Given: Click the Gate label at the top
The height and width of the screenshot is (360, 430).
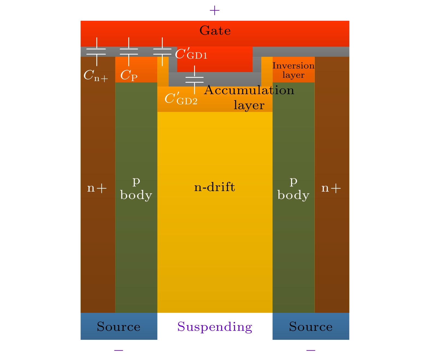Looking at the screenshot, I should pos(215,31).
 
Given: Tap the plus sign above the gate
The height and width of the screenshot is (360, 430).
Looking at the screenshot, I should pos(215,11).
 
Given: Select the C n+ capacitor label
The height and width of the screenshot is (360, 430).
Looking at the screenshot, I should pos(96,75).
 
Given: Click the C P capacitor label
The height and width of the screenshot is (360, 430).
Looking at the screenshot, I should pos(129,75).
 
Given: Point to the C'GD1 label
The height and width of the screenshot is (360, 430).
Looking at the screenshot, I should pos(191,54).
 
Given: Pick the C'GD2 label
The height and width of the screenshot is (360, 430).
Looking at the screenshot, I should pos(181,99).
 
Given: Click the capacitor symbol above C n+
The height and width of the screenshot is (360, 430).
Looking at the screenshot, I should pos(96,52).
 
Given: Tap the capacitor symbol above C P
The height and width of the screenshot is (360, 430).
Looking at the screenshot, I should pos(129,52).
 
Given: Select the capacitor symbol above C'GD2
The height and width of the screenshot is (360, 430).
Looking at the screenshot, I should pos(194,80).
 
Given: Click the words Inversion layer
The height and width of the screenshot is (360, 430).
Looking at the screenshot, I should pos(293,70).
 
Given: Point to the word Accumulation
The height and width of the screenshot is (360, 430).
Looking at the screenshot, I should pos(249,90).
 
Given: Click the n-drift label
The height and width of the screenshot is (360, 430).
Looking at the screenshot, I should pos(215,187).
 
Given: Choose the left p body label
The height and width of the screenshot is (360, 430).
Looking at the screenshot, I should pos(136,188).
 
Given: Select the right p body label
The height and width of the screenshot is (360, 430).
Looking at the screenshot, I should pos(293,188).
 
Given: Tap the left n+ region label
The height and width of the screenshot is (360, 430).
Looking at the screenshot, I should pos(97,188).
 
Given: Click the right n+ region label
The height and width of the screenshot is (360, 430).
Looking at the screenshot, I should pos(331,188).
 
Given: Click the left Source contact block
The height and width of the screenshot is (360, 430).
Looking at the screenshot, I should pos(119,326).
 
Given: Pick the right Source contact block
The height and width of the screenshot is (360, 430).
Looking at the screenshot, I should pos(311,326).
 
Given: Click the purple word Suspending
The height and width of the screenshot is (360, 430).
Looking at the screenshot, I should pos(215,327).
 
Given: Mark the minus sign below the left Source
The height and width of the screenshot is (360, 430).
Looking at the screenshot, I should pos(119,350).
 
